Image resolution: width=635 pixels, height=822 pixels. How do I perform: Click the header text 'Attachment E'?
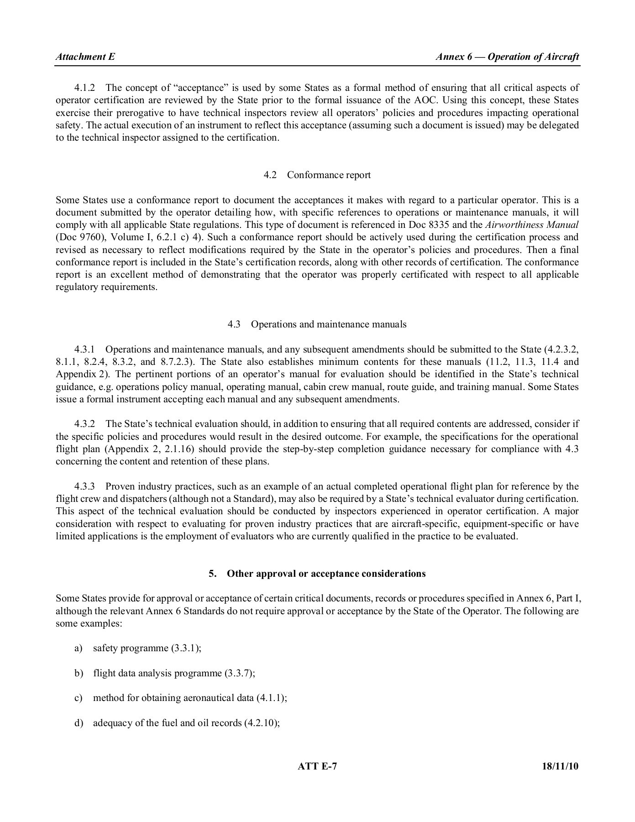(85, 57)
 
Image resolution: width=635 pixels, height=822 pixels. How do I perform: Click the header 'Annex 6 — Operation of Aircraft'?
(507, 57)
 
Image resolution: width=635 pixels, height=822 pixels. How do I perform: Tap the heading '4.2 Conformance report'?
(317, 175)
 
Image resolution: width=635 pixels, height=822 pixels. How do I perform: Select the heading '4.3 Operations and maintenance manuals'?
(317, 324)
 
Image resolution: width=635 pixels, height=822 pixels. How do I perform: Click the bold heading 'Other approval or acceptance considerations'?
(326, 574)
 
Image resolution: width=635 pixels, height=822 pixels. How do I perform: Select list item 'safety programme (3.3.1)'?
(147, 648)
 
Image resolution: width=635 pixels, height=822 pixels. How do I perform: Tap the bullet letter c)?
(79, 698)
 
